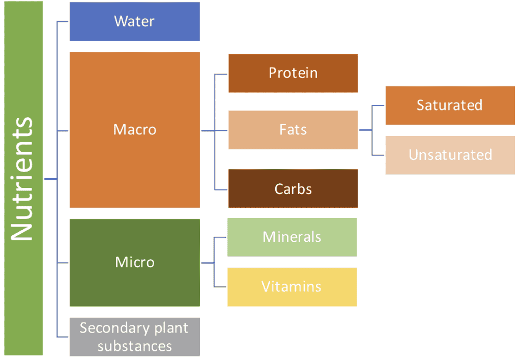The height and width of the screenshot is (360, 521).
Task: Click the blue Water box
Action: (x=134, y=21)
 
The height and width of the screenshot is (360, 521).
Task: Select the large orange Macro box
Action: (x=134, y=130)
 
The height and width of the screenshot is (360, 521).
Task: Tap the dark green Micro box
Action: (x=134, y=263)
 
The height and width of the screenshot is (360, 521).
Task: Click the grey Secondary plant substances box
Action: (x=134, y=337)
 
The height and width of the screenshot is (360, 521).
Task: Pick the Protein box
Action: (x=293, y=73)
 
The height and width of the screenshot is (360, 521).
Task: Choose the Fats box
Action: (x=293, y=130)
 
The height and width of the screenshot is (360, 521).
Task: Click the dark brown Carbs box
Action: (x=293, y=188)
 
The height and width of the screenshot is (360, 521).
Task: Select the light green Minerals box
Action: (x=292, y=237)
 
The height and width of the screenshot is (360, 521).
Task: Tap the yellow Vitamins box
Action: (x=292, y=287)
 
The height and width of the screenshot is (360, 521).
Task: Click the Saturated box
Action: (x=450, y=105)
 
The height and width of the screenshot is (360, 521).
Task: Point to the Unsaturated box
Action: (x=450, y=155)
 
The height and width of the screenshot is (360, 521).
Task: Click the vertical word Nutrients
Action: (x=22, y=179)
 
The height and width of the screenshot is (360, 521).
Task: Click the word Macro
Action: (x=134, y=130)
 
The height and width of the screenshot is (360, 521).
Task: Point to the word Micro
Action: (x=134, y=262)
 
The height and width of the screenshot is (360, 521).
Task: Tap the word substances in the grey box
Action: (x=134, y=346)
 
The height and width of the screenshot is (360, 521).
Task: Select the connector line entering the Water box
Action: (x=63, y=21)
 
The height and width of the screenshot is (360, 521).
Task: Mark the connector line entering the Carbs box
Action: (x=221, y=190)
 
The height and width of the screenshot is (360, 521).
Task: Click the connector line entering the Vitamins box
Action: (x=220, y=287)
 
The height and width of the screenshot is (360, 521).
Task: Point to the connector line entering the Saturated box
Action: (x=378, y=106)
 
